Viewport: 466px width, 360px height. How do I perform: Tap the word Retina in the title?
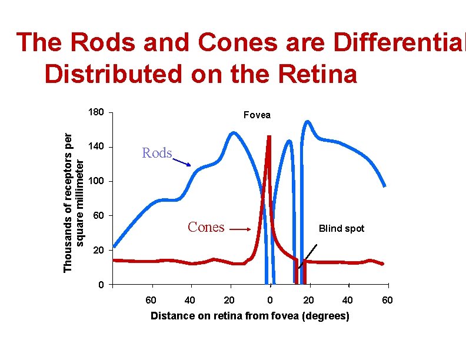coord(318,75)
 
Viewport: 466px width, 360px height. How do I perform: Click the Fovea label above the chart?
coord(257,115)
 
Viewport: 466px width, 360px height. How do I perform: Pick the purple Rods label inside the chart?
coord(157,154)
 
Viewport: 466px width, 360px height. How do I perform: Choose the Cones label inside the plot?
coord(205,227)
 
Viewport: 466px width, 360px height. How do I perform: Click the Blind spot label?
coord(341,228)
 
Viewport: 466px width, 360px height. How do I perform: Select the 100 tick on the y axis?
coord(96,181)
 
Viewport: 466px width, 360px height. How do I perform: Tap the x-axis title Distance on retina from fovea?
coord(249,316)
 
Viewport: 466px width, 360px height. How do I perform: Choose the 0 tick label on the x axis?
coord(269,301)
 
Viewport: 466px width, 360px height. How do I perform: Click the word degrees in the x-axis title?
coord(323,316)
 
